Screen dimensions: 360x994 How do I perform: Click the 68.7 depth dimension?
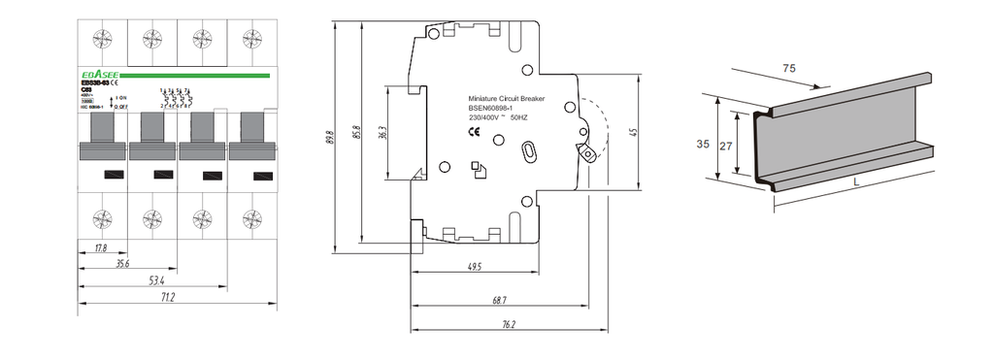499,301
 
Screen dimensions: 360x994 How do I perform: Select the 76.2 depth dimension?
509,324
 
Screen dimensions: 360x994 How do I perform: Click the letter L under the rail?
854,181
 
